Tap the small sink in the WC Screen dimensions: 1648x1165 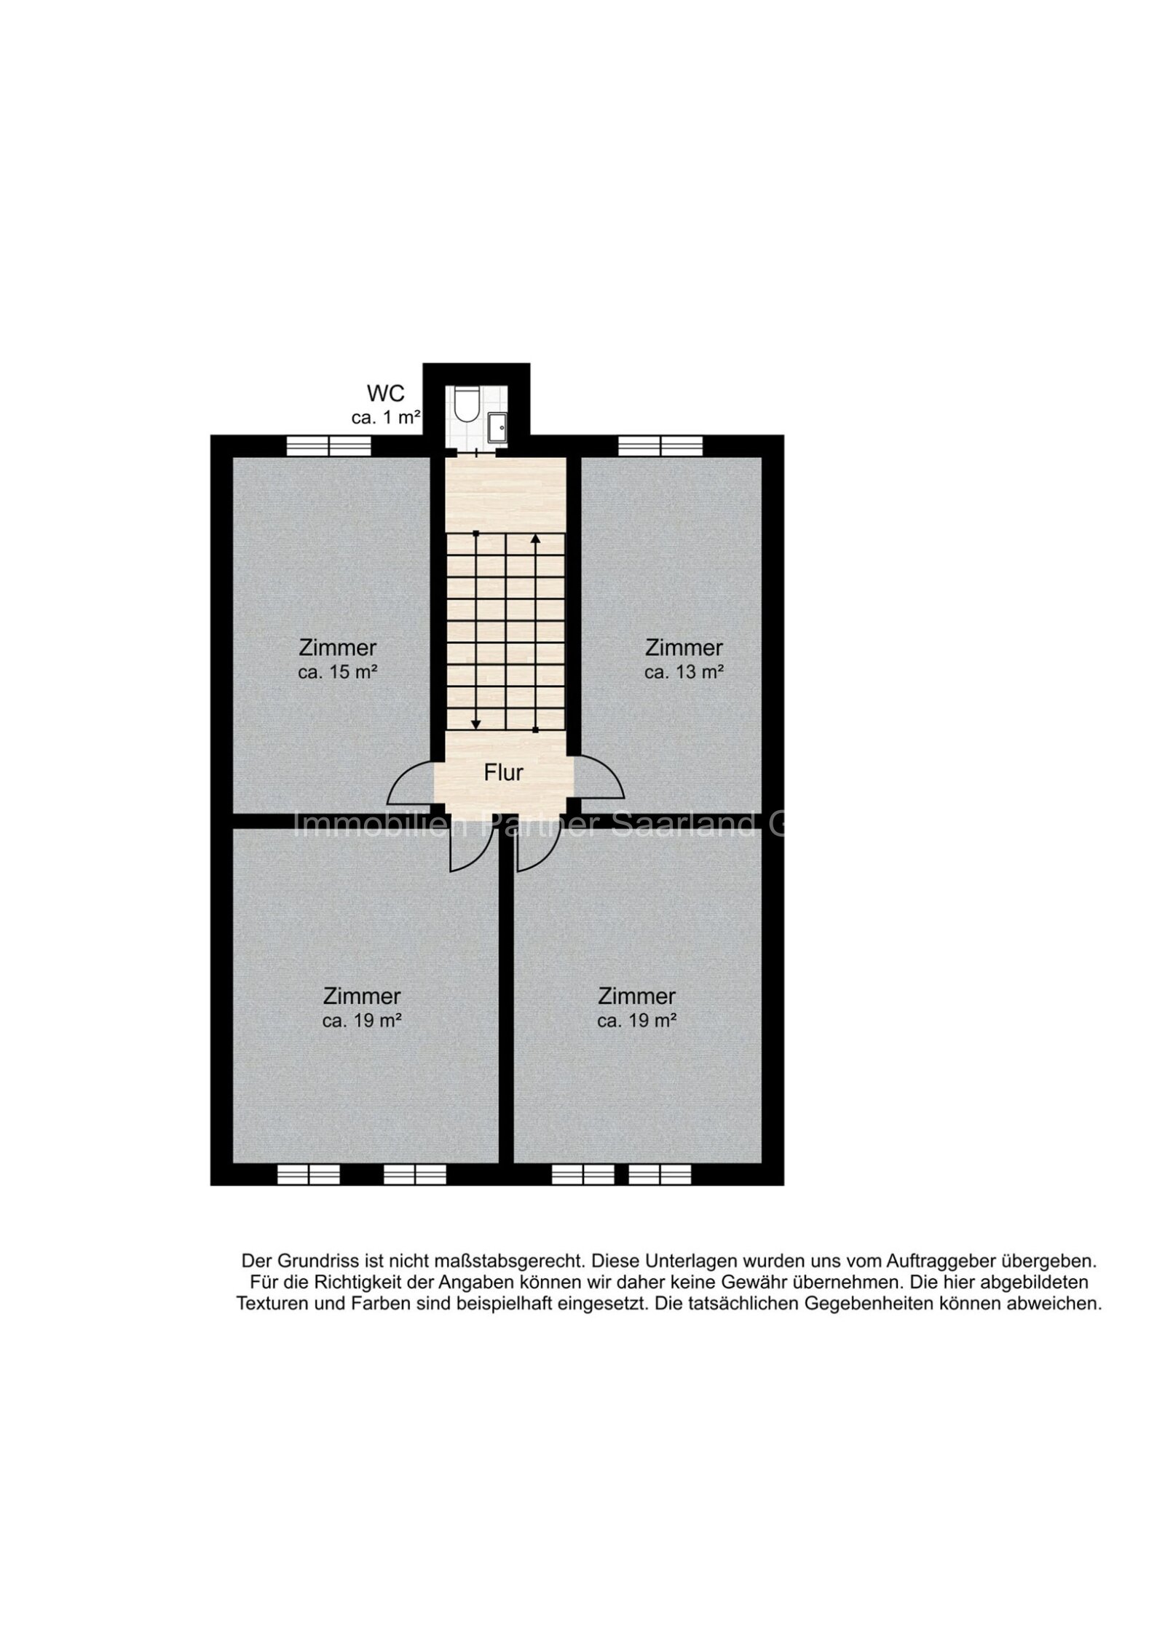tap(498, 426)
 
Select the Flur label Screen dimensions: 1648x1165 tap(503, 772)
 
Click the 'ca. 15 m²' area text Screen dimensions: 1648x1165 tap(337, 672)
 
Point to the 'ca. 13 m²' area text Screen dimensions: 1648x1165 tap(683, 672)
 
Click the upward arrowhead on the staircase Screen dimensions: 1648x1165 tap(535, 539)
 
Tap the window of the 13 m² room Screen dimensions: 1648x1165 tap(660, 445)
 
